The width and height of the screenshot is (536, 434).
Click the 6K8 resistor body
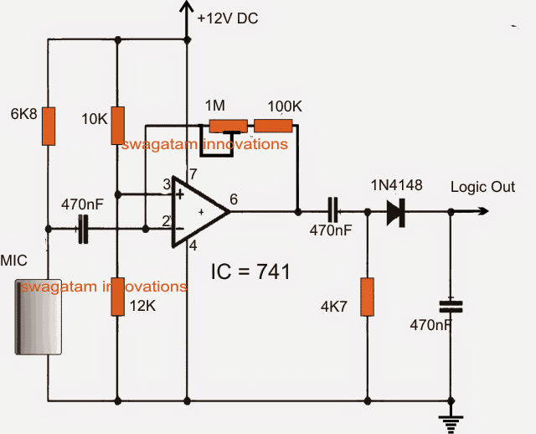coord(49,127)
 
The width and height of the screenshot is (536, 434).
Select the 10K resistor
coord(117,126)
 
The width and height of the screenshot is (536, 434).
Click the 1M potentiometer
coord(229,127)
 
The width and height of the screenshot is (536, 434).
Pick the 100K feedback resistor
coord(273,127)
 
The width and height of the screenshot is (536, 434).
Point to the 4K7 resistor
coord(366,297)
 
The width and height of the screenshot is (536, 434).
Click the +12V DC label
coord(229,18)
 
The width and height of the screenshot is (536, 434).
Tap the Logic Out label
coord(483,187)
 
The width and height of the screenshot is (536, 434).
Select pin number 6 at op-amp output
coord(233,199)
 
